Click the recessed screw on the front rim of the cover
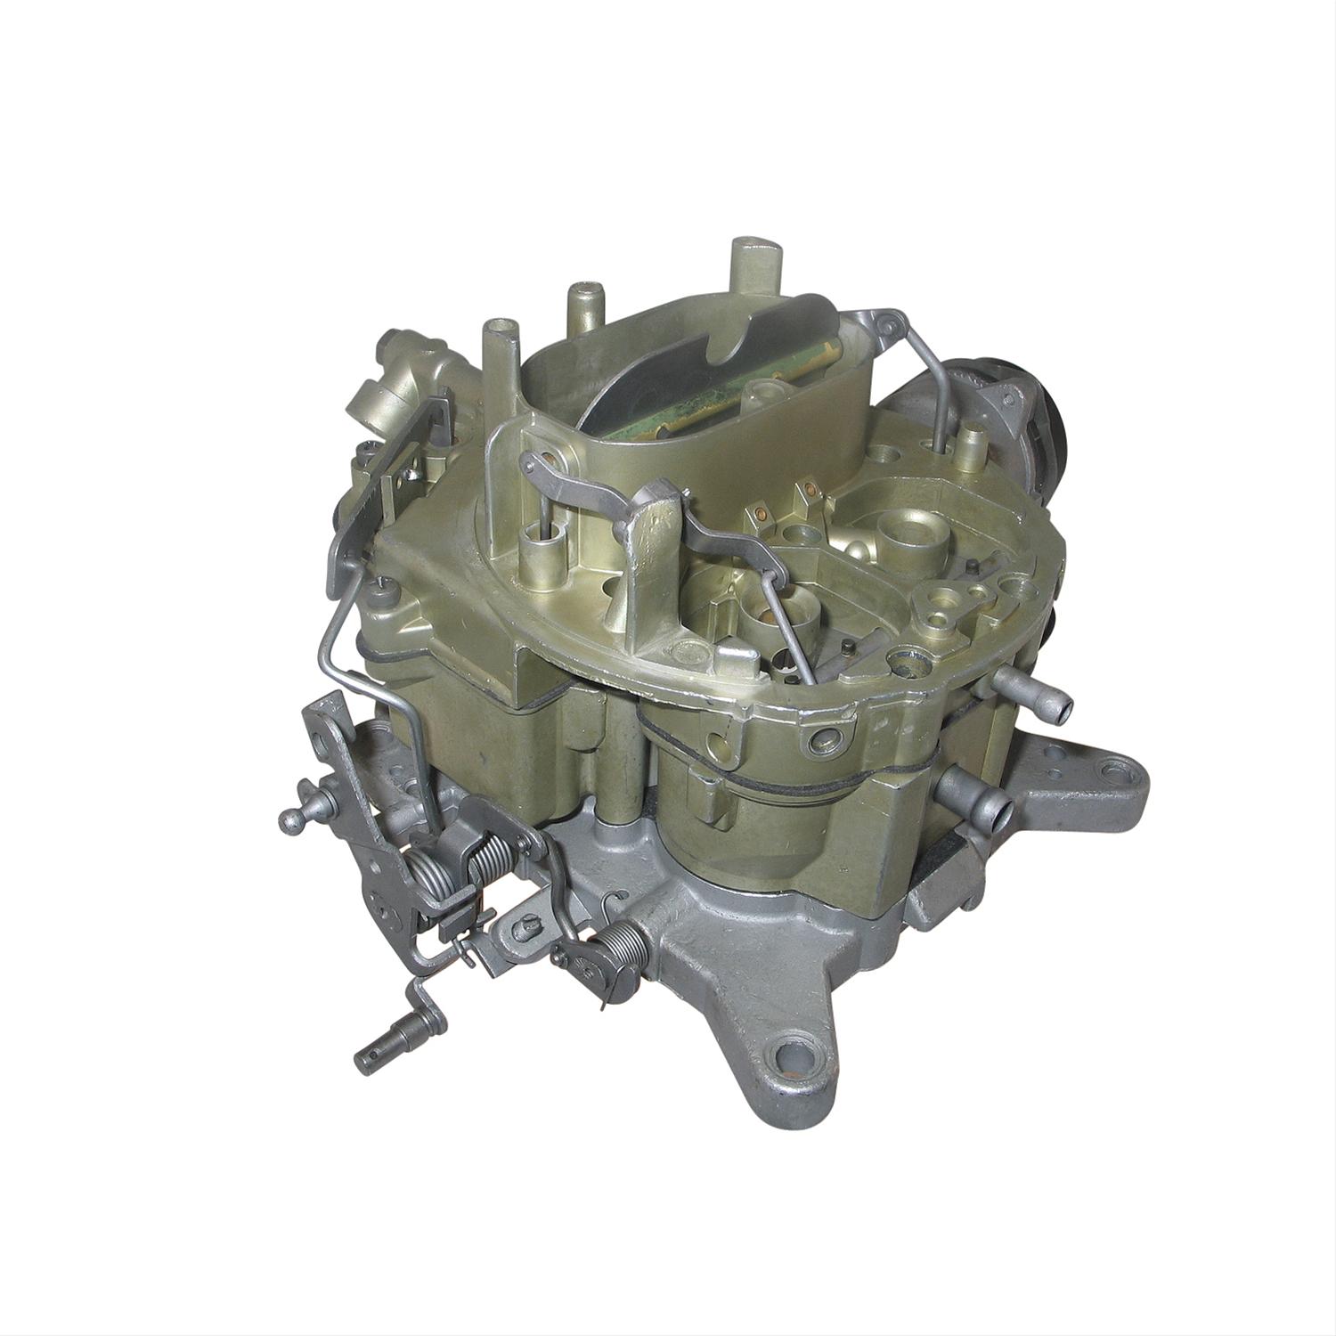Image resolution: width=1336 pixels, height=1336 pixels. point(817,738)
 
